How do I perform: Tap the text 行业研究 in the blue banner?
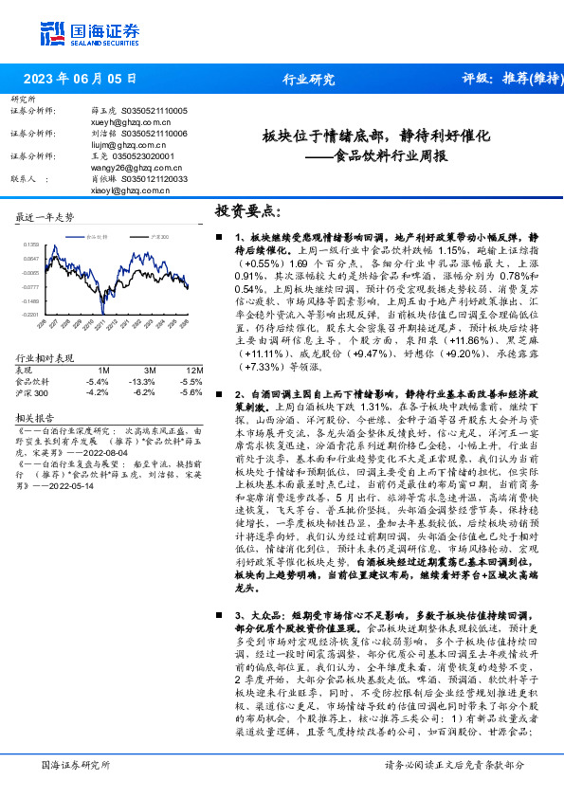coord(309,79)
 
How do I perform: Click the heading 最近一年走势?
coord(45,217)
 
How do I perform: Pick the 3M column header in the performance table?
coord(151,344)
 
